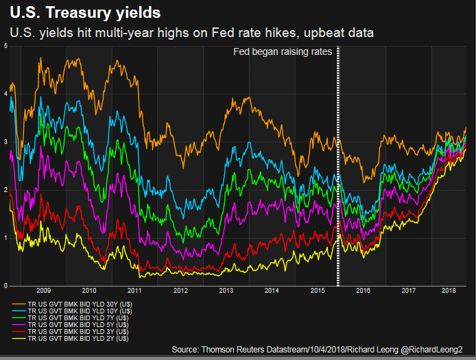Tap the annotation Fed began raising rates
[x=283, y=52]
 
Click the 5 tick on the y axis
[x=5, y=46]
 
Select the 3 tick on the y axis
[x=5, y=142]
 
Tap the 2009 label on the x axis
[x=43, y=291]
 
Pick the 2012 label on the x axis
[x=180, y=291]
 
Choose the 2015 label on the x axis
[x=317, y=291]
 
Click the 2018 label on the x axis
[x=449, y=291]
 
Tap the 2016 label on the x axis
[x=363, y=291]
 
